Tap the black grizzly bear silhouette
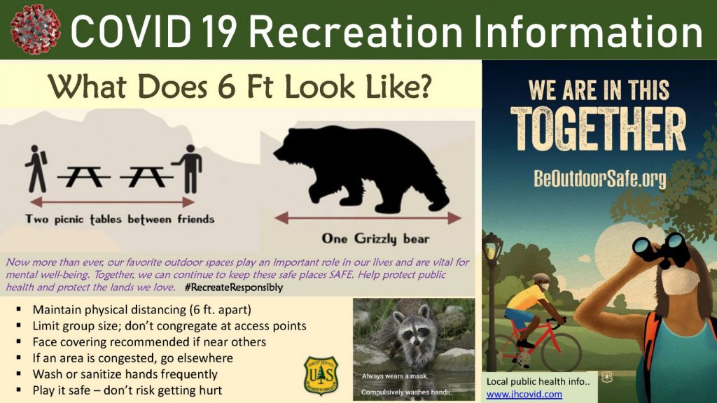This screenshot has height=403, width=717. click(x=361, y=169)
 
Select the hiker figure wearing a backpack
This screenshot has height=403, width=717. click(x=36, y=169)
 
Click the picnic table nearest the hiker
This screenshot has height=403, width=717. click(x=83, y=176)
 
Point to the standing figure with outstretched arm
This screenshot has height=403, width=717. click(x=188, y=169)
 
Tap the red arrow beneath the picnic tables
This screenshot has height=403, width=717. click(x=112, y=202)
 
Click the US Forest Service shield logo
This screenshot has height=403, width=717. click(x=321, y=376)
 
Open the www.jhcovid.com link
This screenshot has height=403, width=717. click(x=524, y=394)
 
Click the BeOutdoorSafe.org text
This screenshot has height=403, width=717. click(x=599, y=178)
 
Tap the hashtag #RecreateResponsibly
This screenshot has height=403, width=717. click(x=234, y=288)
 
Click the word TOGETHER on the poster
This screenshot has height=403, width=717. click(x=598, y=129)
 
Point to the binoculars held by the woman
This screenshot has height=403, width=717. click(x=662, y=250)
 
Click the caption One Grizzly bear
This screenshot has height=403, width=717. click(x=375, y=239)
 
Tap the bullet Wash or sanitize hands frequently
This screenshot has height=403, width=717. click(x=125, y=374)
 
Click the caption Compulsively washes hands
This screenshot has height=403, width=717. click(x=406, y=392)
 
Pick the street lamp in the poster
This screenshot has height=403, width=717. click(x=492, y=297)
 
